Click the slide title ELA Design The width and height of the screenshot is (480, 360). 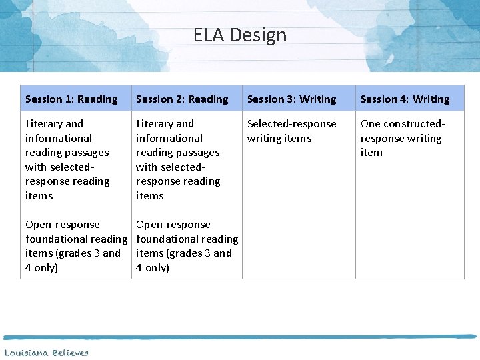click(240, 35)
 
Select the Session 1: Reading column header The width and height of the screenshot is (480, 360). click(71, 99)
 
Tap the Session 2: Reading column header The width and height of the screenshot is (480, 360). click(182, 99)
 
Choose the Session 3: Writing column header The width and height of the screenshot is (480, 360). click(291, 99)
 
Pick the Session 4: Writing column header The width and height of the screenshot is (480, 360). click(405, 99)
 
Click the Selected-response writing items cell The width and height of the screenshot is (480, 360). click(291, 131)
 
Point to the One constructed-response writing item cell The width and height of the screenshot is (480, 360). click(402, 138)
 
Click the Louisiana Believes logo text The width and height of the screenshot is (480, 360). click(47, 353)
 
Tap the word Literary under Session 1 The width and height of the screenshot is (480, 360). click(45, 124)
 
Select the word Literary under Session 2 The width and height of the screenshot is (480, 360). click(155, 124)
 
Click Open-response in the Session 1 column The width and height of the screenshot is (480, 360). click(63, 225)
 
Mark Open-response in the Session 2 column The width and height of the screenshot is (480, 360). click(173, 225)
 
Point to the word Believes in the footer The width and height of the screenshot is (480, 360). click(70, 353)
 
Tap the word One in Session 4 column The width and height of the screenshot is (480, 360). click(371, 124)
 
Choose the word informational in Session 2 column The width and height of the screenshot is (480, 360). click(169, 139)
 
